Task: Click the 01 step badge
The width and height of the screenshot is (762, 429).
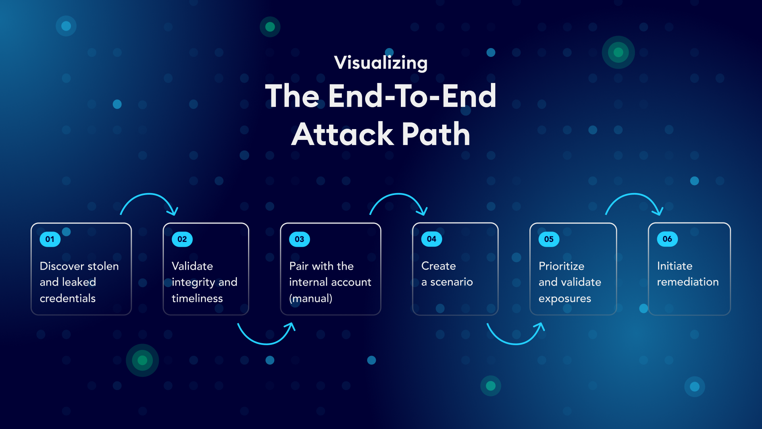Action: tap(50, 239)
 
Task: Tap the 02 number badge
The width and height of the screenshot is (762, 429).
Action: tap(182, 239)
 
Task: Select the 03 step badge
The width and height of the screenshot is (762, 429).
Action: tap(300, 239)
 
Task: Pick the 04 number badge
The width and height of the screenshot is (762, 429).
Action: tap(431, 239)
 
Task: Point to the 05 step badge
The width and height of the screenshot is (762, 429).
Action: tap(549, 239)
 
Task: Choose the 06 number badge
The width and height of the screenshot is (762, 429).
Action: tap(667, 239)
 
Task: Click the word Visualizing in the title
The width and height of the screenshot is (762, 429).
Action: tap(381, 63)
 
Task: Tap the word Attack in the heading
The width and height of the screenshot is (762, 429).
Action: tap(342, 134)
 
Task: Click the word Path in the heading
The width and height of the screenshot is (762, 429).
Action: tap(436, 134)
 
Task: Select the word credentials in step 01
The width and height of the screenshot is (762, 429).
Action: tap(67, 298)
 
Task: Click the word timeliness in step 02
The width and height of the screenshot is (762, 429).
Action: tap(197, 298)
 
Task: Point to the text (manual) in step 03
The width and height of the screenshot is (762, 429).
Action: tap(311, 298)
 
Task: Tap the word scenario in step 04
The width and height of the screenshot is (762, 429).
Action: tap(452, 282)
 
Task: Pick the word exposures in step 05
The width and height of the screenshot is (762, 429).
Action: tap(565, 299)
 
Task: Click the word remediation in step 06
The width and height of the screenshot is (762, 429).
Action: tap(688, 282)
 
